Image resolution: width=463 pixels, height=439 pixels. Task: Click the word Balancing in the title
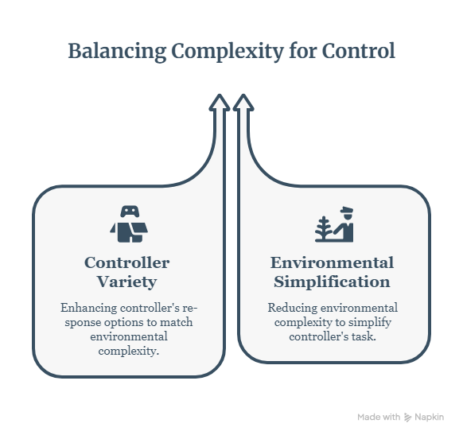coord(117,52)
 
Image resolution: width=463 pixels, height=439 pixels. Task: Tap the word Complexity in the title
coord(228,52)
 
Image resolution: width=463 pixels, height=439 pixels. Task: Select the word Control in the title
coord(358,51)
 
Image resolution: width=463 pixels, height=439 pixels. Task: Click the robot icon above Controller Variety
coord(129,223)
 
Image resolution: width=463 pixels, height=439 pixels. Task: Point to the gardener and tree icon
coord(334,224)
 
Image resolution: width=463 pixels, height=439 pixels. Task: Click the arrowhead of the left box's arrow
coord(220,103)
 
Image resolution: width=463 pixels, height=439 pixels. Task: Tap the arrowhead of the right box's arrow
coord(243,103)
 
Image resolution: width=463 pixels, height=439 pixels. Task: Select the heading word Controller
coord(127,262)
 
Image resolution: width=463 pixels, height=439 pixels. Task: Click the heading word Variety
coord(127,282)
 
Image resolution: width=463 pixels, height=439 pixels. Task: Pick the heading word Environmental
coord(333,262)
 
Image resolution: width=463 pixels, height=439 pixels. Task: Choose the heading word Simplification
coord(333,282)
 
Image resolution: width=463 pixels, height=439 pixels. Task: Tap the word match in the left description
coord(177,322)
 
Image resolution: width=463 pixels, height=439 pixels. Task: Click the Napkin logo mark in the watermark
coord(408,418)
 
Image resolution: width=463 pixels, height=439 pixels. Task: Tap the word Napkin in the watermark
coord(430,418)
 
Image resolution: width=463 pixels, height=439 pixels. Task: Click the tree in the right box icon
coord(324,228)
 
